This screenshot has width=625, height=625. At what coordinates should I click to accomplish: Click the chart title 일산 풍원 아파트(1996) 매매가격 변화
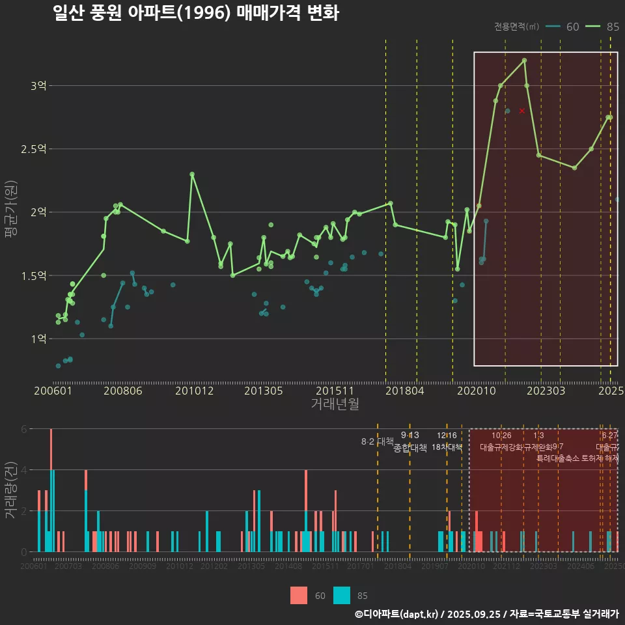(x=195, y=14)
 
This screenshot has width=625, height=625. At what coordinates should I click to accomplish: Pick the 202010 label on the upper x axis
(x=475, y=391)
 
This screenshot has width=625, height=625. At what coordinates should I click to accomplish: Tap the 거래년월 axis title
(x=335, y=404)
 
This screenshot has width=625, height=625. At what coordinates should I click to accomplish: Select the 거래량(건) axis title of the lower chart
(x=11, y=490)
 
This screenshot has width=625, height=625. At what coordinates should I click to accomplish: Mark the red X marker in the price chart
(x=522, y=111)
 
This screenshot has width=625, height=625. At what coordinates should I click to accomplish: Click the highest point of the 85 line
(x=524, y=61)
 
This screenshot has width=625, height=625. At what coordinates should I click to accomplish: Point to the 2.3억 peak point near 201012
(x=192, y=174)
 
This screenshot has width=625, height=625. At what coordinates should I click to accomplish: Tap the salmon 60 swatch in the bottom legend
(x=299, y=595)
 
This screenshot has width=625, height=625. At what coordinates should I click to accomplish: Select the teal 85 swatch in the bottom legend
(x=341, y=595)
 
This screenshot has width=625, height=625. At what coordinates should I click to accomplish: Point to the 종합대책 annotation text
(x=410, y=448)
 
